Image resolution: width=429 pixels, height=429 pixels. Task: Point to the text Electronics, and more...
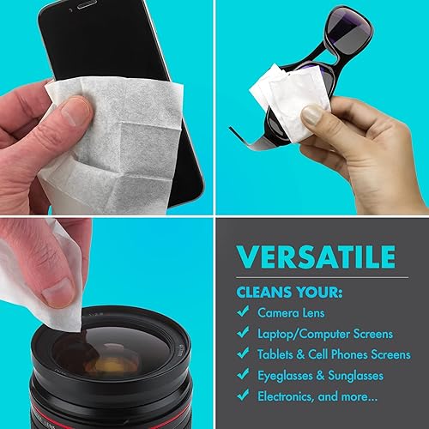tap(314, 396)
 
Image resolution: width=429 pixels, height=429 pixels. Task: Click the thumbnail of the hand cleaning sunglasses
tap(311, 115)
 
